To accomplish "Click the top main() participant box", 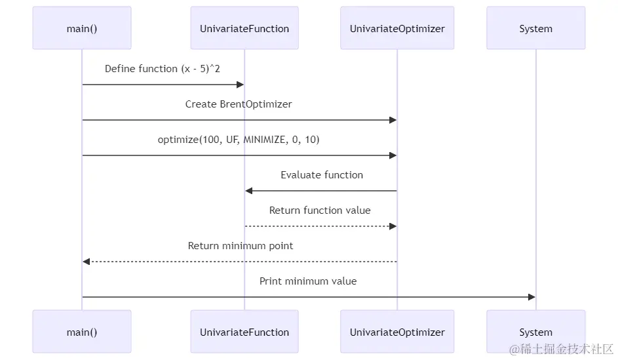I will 82,28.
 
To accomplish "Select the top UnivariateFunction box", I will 244,28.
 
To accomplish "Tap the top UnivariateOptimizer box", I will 397,28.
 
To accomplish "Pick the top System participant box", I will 535,28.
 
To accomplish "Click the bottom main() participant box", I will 82,332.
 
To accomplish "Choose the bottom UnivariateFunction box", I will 244,332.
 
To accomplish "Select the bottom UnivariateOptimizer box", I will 397,332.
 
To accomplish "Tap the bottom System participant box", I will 535,332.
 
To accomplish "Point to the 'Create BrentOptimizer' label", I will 239,104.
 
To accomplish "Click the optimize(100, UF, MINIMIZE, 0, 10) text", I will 239,140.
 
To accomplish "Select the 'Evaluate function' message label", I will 321,175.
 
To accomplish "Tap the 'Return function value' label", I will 320,210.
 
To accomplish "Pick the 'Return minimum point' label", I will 241,246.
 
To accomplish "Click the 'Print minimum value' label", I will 308,281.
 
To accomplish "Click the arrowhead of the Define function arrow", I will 241,85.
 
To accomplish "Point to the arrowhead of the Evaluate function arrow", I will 249,191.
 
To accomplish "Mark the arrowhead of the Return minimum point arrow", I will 87,262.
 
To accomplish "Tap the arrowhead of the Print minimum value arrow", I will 531,297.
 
